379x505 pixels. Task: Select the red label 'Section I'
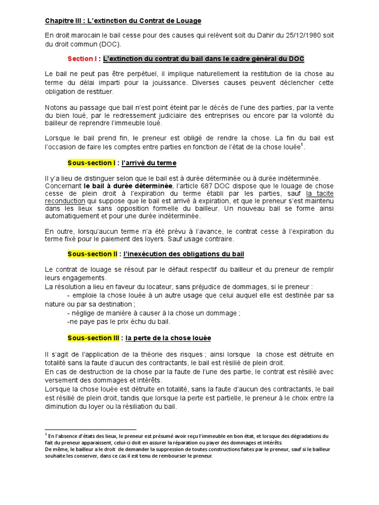(x=82, y=59)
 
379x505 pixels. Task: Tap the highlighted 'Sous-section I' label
(x=91, y=163)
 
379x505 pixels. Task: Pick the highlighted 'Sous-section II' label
(x=92, y=254)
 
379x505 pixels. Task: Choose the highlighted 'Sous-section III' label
(x=93, y=338)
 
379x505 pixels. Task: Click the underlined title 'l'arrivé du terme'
(x=150, y=163)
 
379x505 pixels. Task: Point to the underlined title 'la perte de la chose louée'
(x=168, y=338)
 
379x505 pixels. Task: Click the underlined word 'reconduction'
(x=65, y=201)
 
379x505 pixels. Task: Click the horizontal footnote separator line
(x=90, y=429)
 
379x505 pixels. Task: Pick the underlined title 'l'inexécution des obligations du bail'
(x=185, y=254)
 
